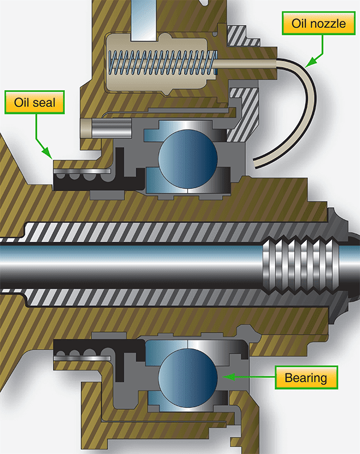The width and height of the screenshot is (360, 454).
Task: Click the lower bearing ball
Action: tap(188, 375)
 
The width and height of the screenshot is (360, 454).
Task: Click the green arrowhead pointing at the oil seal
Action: tap(50, 154)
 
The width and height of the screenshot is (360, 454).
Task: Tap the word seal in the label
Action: tap(47, 104)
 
